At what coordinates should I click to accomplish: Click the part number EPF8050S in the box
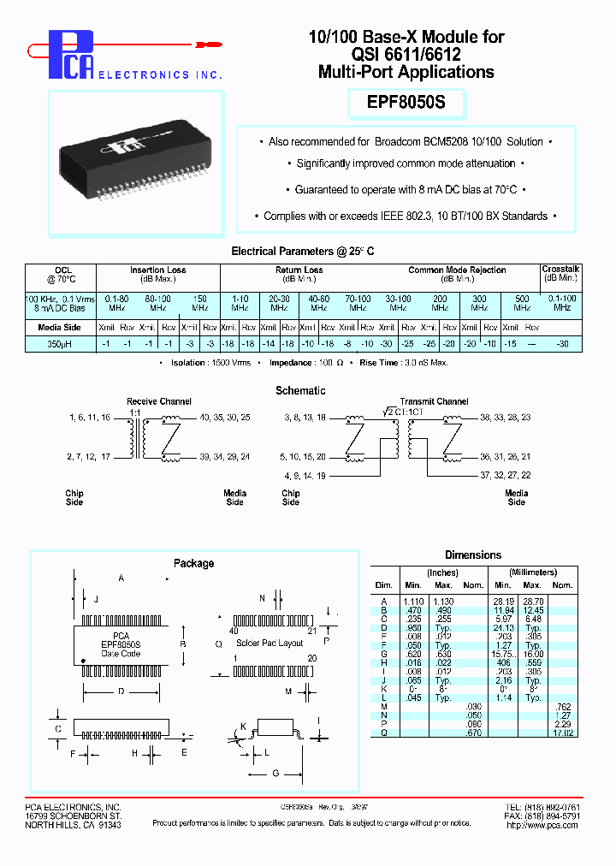406,104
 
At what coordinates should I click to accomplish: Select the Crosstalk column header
560,270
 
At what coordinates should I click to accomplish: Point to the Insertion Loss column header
157,270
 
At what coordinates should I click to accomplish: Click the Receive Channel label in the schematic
159,401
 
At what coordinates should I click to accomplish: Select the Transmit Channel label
434,401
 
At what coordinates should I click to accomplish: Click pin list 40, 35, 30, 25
225,418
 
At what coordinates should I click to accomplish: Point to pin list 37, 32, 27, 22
505,474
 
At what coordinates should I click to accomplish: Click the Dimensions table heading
473,555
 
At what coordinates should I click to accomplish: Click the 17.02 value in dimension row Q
561,732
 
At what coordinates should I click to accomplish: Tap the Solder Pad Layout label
269,643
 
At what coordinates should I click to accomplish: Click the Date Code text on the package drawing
121,654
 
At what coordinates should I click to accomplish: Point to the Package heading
193,563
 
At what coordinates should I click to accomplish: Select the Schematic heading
300,390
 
